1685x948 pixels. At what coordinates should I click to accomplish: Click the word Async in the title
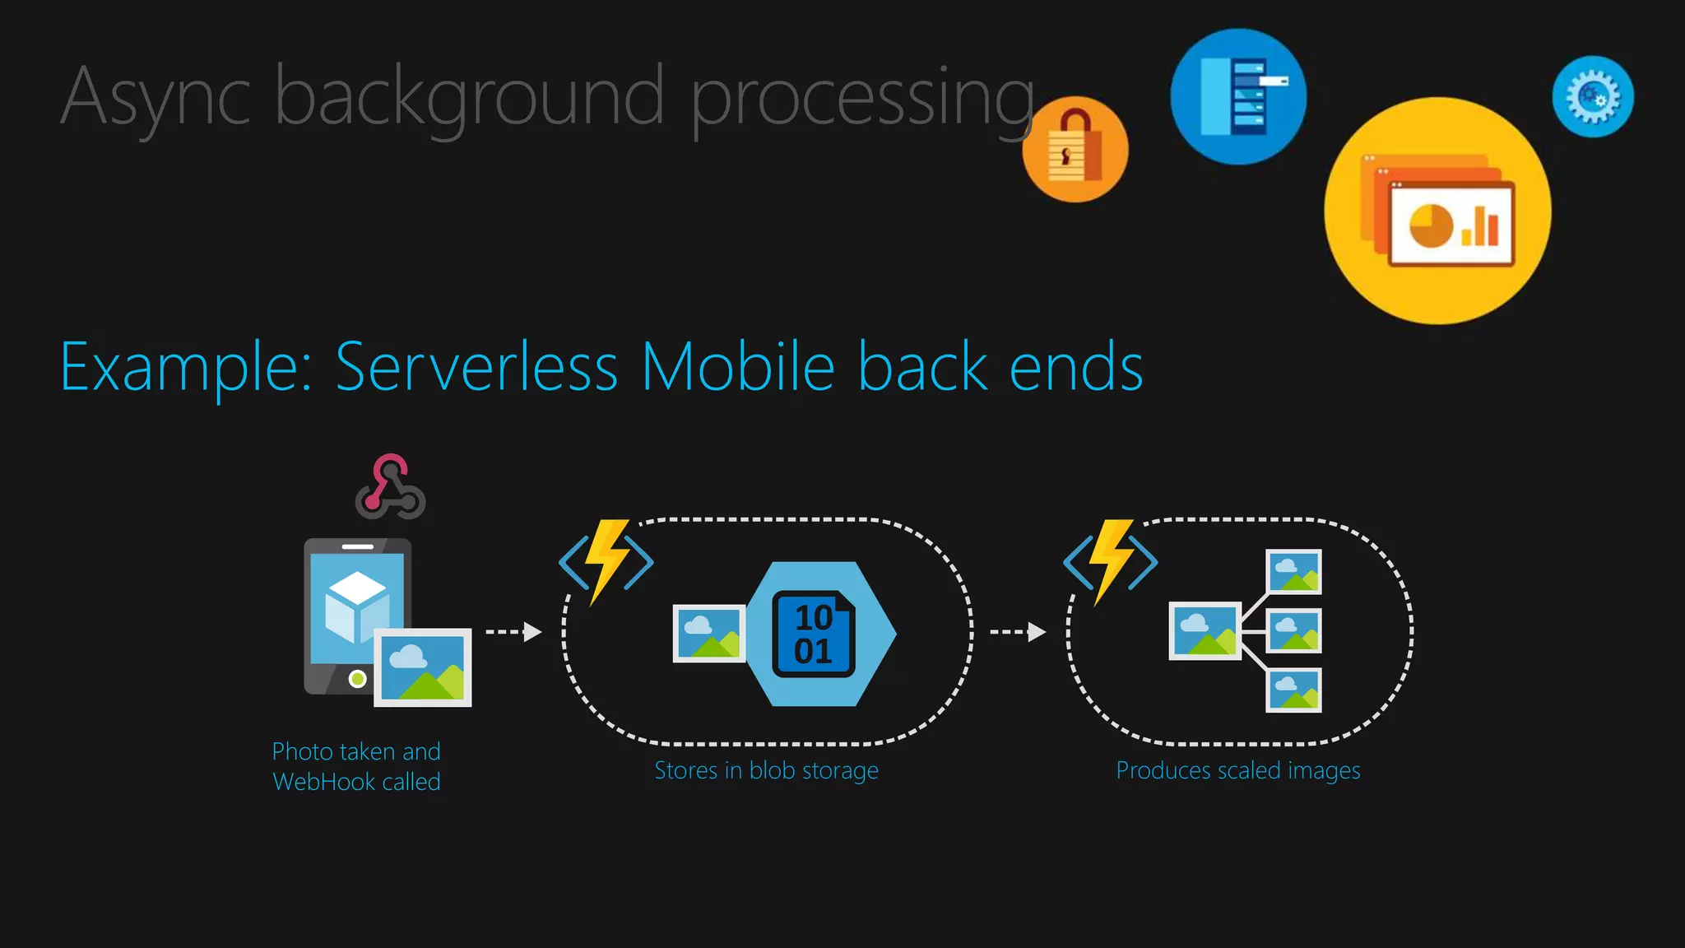pos(155,97)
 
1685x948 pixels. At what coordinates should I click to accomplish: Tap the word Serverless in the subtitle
pos(476,367)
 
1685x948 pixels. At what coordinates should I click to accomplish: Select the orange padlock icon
pos(1075,150)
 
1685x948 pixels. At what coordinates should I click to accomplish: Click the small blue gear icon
pos(1593,96)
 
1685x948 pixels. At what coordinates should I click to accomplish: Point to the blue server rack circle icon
pos(1238,96)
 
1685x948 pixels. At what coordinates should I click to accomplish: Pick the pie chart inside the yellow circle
pos(1432,225)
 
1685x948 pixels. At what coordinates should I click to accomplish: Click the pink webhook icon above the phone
pos(390,486)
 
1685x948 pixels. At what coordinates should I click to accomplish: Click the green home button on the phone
pos(357,679)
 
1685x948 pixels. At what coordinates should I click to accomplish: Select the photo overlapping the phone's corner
pos(423,667)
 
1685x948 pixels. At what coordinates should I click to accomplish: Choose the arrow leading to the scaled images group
pos(1018,632)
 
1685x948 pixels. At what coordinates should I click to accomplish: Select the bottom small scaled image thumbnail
pos(1294,690)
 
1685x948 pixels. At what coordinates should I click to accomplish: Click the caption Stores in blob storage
pos(766,771)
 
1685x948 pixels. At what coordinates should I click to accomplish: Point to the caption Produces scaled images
pos(1237,771)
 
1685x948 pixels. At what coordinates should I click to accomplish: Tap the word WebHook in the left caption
pos(324,782)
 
